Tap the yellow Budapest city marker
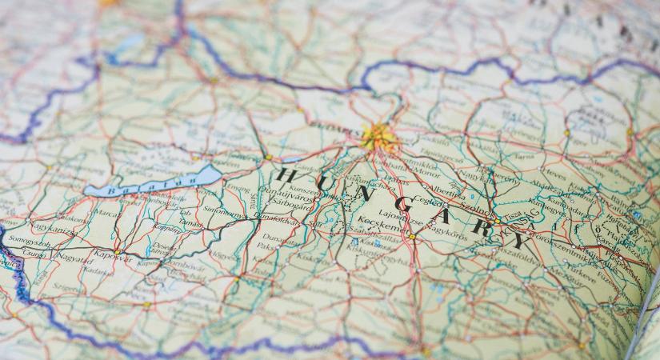point(377,136)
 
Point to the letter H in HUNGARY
point(287,175)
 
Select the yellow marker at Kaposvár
point(118,251)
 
